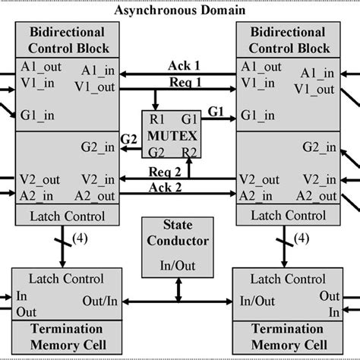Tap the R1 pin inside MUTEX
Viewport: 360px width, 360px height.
(x=154, y=120)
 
